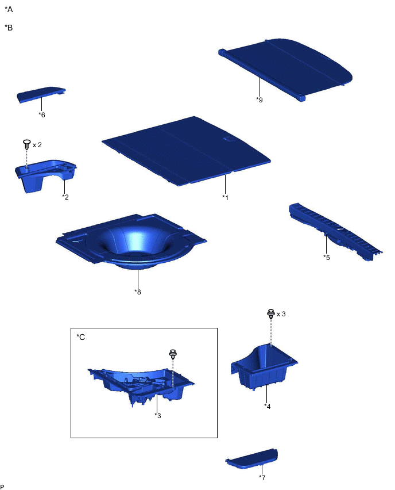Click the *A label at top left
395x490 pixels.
(9, 9)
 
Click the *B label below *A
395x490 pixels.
(9, 28)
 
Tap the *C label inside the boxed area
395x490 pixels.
(80, 337)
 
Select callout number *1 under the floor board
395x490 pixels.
(225, 197)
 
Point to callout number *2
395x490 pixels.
(65, 197)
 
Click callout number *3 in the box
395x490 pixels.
(158, 416)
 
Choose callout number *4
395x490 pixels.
(268, 406)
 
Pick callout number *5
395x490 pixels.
(326, 258)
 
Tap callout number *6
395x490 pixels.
(42, 115)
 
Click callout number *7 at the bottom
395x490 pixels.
(262, 477)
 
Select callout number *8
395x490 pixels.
(138, 292)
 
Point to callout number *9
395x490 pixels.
(260, 99)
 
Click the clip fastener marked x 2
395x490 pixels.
(27, 144)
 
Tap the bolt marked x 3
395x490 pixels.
(271, 314)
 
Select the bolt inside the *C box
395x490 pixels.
(173, 354)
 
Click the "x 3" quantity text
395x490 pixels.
(281, 314)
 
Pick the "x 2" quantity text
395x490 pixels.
(37, 145)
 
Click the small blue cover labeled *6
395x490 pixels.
(41, 94)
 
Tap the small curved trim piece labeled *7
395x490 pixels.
(252, 459)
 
